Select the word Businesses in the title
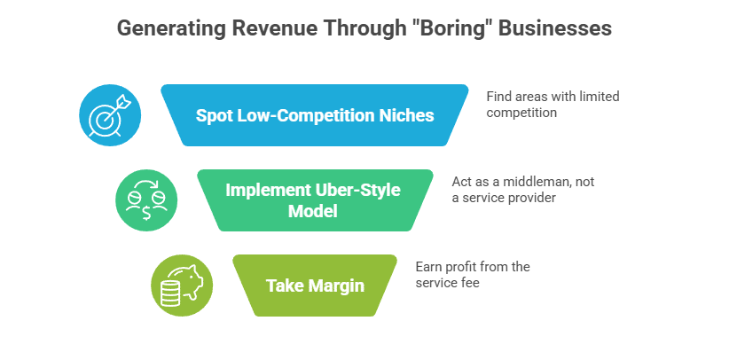coord(554,28)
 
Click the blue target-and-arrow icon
coord(110,114)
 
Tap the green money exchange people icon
coord(145,200)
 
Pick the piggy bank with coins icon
coord(181,285)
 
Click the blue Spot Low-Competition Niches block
coord(315,114)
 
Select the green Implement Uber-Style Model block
coord(315,200)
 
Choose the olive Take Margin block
coord(315,285)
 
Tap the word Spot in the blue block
coord(214,115)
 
